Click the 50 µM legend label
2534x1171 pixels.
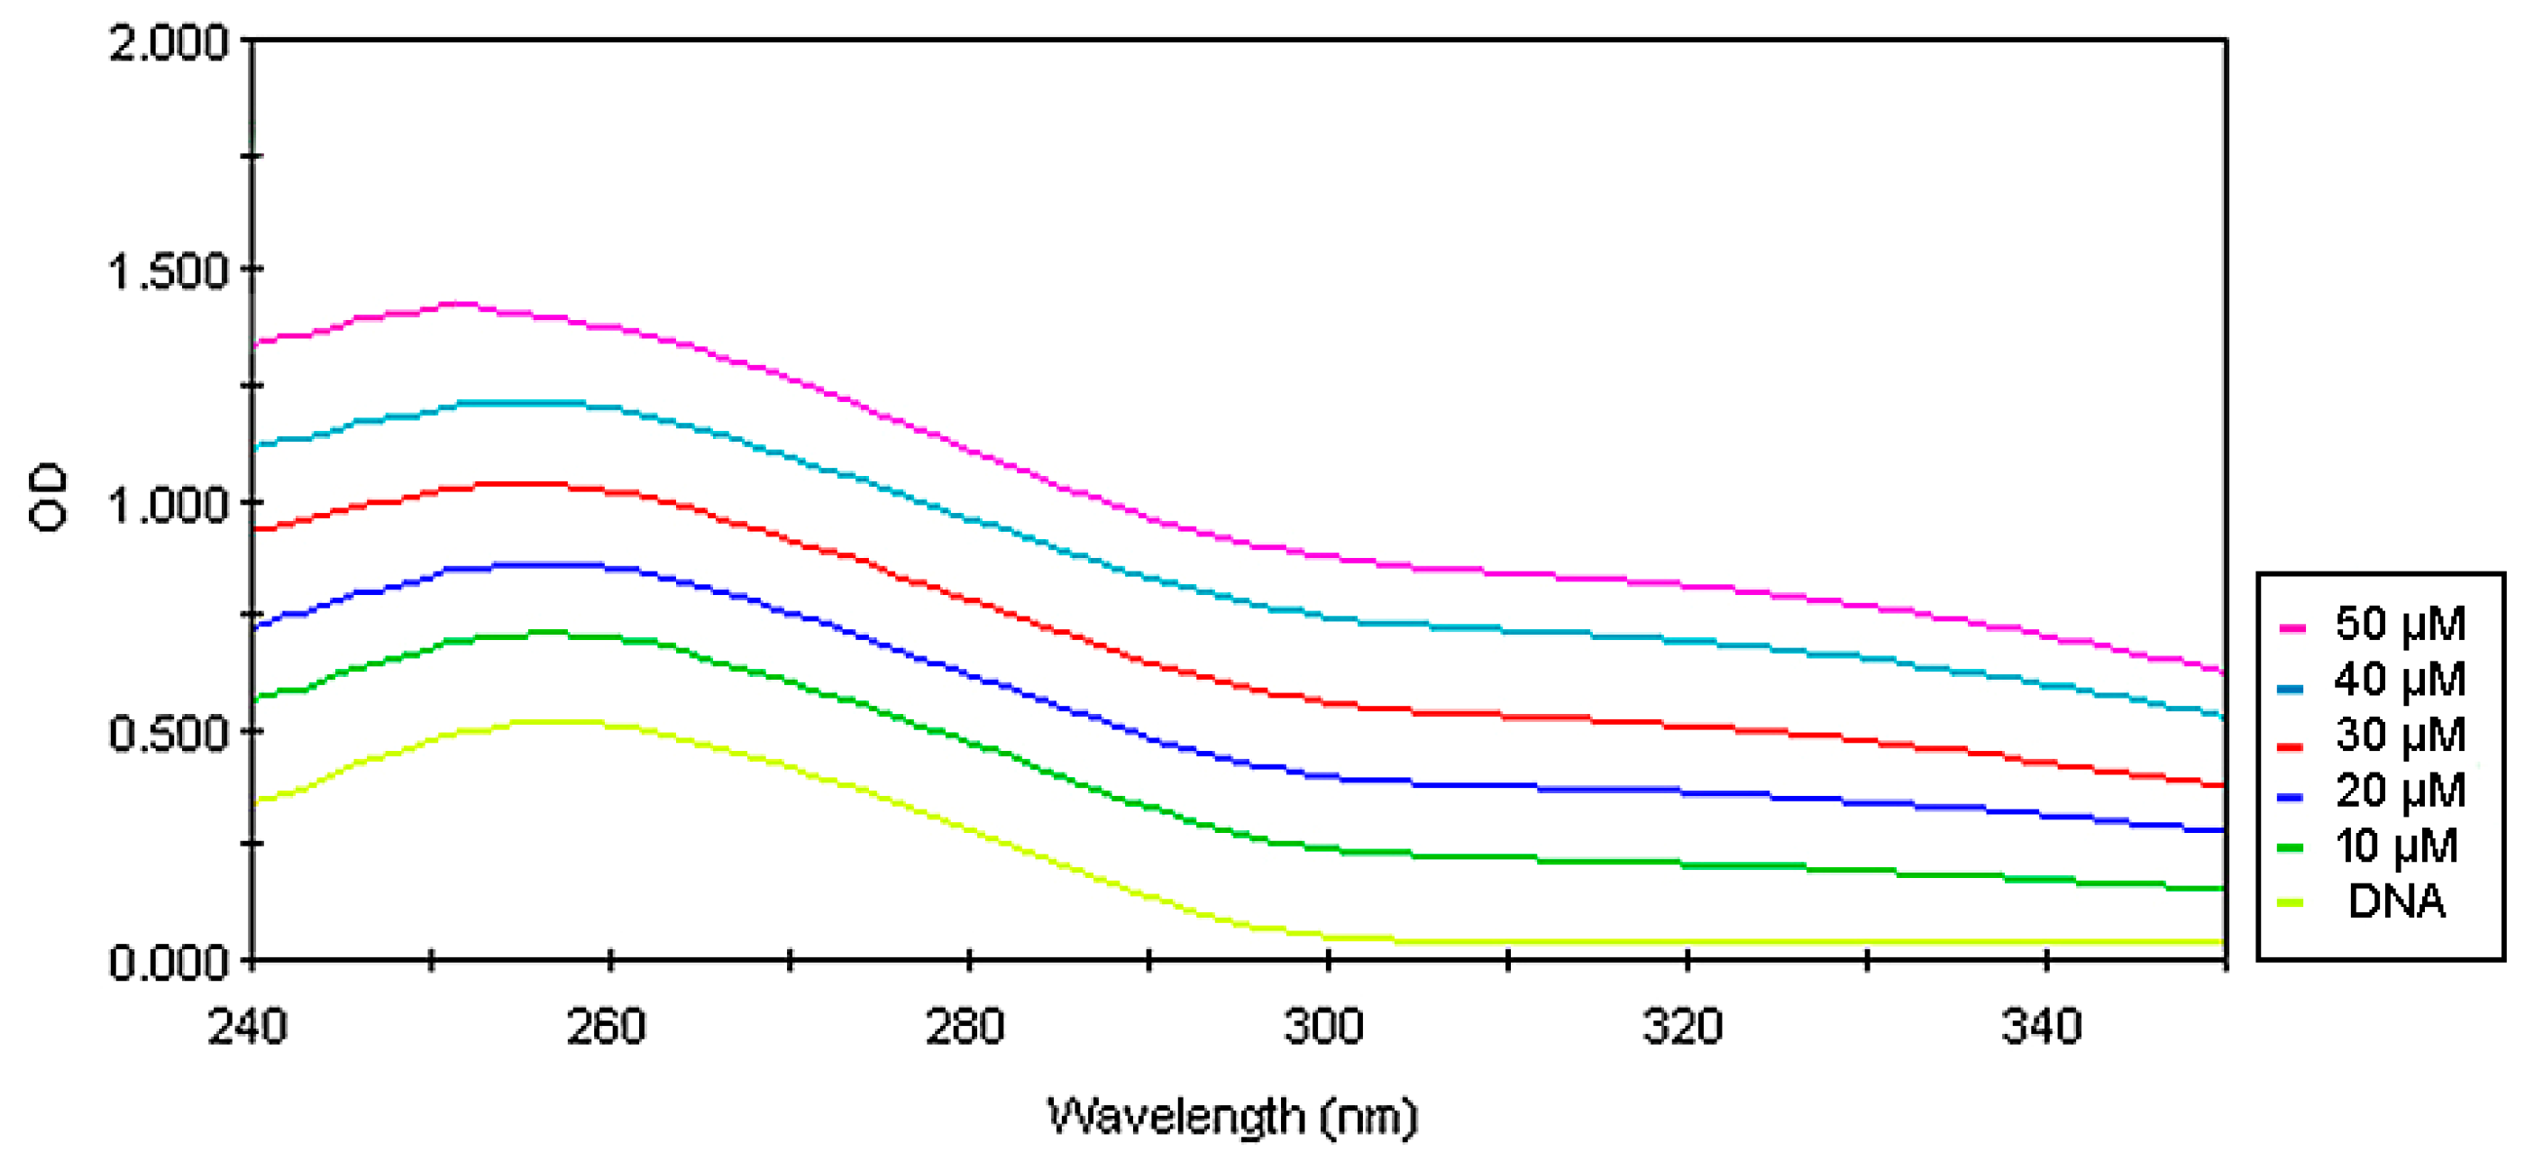(2401, 624)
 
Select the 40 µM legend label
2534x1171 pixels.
(2401, 680)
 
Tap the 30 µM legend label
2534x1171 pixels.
(2401, 735)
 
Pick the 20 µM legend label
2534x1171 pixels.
(2401, 791)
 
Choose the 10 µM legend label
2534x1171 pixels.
(2396, 846)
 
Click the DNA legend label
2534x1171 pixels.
(2396, 901)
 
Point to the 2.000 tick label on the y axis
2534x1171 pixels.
(169, 44)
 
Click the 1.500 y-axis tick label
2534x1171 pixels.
(169, 271)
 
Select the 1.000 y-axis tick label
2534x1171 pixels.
(169, 505)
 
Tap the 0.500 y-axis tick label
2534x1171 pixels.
(169, 734)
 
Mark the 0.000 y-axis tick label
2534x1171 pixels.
(169, 963)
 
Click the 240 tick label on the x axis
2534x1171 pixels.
(247, 1028)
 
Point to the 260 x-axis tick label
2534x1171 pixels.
(606, 1028)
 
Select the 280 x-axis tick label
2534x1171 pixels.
(965, 1028)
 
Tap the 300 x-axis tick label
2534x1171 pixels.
(1324, 1028)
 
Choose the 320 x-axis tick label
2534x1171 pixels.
(1683, 1028)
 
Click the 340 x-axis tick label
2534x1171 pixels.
(2042, 1028)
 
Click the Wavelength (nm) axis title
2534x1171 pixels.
(1231, 1117)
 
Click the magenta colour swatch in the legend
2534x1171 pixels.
(2292, 627)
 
